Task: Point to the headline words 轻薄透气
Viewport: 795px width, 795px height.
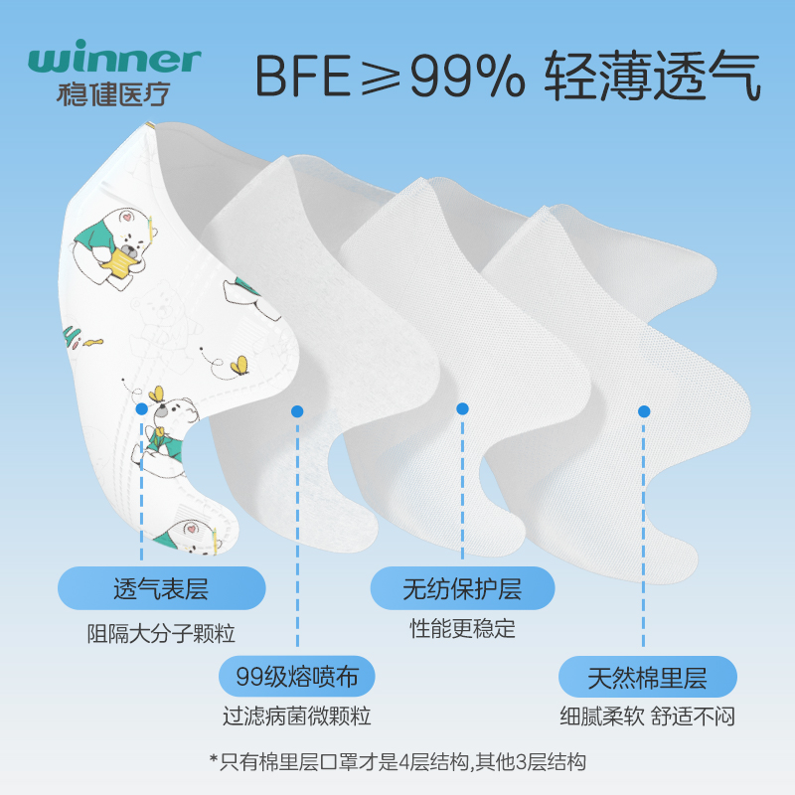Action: [652, 76]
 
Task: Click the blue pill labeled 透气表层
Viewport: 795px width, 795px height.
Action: [161, 588]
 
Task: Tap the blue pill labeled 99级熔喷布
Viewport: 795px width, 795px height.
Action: [297, 679]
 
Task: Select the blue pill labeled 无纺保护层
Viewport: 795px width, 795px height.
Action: [462, 588]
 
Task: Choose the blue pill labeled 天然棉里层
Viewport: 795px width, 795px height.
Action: [647, 679]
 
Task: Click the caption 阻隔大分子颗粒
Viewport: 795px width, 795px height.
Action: [161, 632]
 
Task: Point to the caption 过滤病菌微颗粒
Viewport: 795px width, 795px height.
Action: [297, 715]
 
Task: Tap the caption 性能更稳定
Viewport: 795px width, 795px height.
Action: [463, 629]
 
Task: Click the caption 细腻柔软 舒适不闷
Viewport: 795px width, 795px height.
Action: [647, 715]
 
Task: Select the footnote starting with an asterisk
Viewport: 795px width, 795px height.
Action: [397, 762]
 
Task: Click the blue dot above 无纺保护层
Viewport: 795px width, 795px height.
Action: [462, 408]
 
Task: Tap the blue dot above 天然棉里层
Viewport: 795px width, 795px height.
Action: [644, 410]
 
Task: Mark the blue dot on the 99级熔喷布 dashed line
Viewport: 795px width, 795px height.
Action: [296, 411]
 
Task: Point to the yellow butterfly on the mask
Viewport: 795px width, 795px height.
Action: [239, 367]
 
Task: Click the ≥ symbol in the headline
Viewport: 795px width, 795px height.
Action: [386, 76]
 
